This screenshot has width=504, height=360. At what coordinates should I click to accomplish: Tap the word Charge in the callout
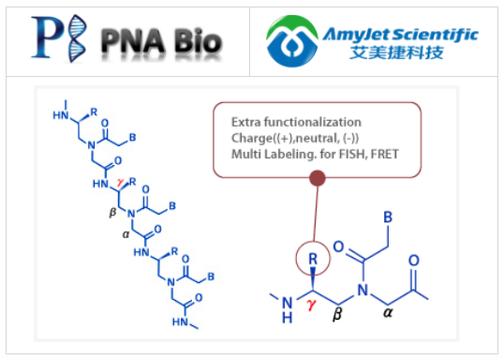[x=253, y=139]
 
